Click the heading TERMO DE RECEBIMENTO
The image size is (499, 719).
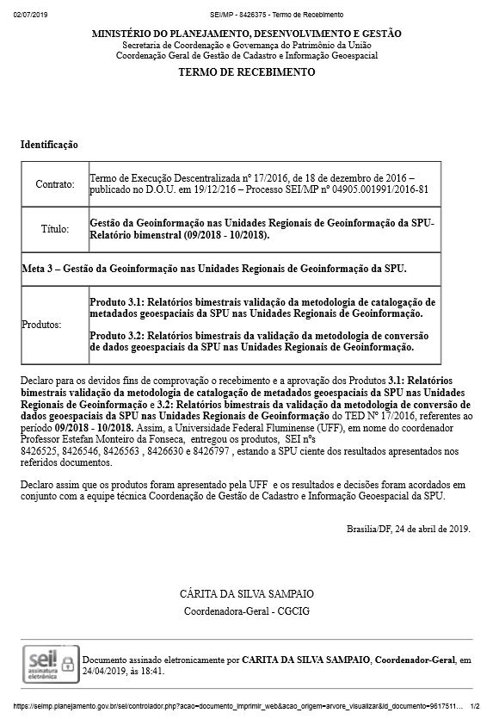(246, 72)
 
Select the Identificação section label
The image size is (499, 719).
(49, 145)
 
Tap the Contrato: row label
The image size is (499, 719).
(55, 184)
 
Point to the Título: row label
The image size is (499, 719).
(55, 229)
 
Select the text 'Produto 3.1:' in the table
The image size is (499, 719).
(116, 303)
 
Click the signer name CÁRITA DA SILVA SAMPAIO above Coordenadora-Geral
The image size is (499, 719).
(246, 594)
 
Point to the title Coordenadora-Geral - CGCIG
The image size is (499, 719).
(246, 611)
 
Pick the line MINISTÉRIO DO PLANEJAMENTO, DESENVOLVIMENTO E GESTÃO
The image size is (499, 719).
(246, 34)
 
